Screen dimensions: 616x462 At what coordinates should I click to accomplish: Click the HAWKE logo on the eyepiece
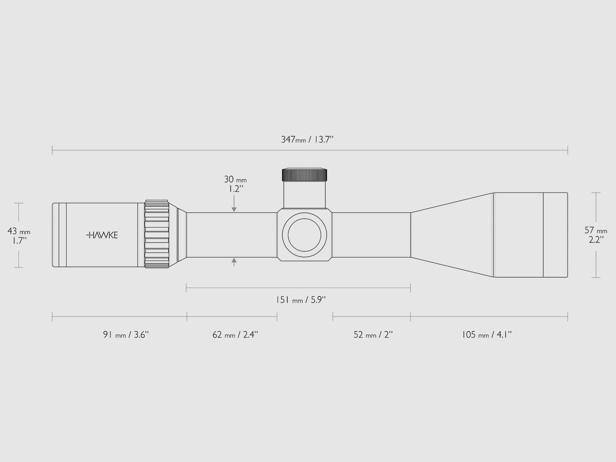tap(102, 235)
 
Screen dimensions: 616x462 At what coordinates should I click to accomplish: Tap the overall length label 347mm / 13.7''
tap(307, 139)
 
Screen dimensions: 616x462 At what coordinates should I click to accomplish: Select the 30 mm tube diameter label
tap(235, 179)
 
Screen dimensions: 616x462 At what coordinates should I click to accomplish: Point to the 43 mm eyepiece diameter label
tap(19, 231)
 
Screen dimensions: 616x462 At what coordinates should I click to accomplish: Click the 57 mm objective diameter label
tap(596, 230)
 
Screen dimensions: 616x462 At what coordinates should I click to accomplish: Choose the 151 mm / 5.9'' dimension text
tap(301, 300)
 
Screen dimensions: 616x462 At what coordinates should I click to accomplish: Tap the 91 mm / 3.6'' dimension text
tap(126, 335)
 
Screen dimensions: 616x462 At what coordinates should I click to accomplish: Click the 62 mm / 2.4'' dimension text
tap(235, 335)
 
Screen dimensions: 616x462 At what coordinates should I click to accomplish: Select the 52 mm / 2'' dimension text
tap(373, 335)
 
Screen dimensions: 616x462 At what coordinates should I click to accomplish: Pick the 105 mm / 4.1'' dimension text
tap(487, 335)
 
